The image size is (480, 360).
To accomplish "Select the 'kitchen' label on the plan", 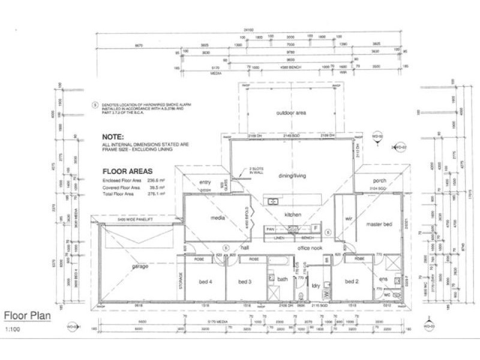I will (x=293, y=214).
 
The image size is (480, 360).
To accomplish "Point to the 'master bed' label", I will (x=379, y=224).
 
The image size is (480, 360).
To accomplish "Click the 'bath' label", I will (x=281, y=278).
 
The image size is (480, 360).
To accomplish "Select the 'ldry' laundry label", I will (x=316, y=285).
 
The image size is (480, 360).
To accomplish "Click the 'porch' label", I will (x=379, y=181).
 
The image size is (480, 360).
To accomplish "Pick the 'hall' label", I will (x=245, y=247).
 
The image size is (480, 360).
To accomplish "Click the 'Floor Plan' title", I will (x=28, y=315).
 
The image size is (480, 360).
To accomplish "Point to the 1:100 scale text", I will (x=12, y=329).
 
